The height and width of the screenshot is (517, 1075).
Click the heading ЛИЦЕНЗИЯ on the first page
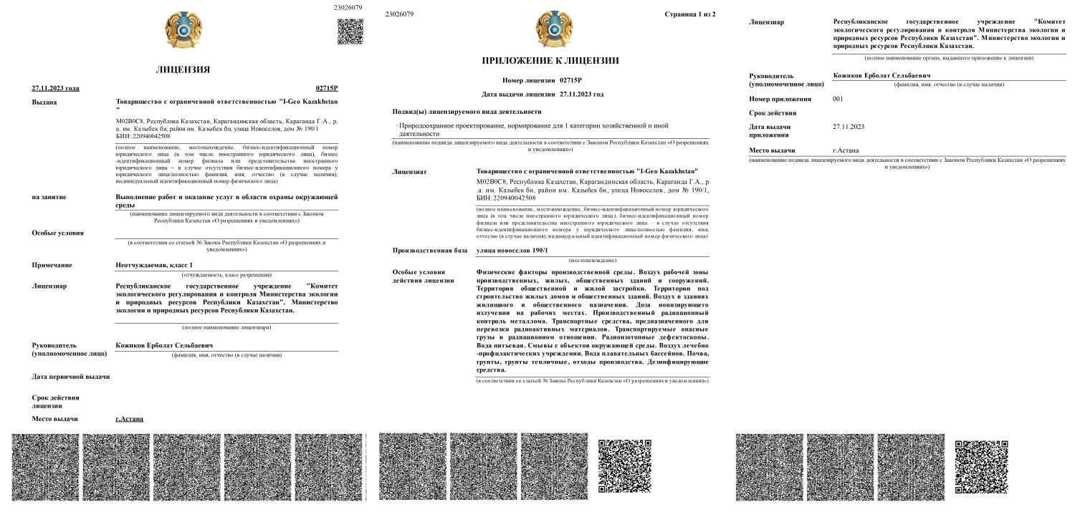pyautogui.click(x=183, y=69)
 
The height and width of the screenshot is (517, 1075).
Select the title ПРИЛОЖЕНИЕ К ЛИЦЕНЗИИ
pyautogui.click(x=550, y=60)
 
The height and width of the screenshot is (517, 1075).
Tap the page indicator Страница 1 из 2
pyautogui.click(x=689, y=14)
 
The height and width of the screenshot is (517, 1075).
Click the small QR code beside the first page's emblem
pyautogui.click(x=350, y=32)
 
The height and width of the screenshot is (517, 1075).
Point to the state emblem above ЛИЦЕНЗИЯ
pyautogui.click(x=183, y=31)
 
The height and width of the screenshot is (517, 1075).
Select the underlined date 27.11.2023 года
pyautogui.click(x=55, y=88)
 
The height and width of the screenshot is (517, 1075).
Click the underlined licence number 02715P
pyautogui.click(x=326, y=88)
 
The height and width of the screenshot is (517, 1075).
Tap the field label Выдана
pyautogui.click(x=44, y=102)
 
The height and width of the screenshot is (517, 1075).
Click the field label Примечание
pyautogui.click(x=52, y=265)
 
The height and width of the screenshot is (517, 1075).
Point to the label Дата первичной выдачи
pyautogui.click(x=70, y=377)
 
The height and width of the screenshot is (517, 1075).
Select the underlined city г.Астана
pyautogui.click(x=129, y=418)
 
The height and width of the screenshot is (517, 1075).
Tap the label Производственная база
pyautogui.click(x=429, y=250)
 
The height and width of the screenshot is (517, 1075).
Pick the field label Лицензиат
pyautogui.click(x=409, y=172)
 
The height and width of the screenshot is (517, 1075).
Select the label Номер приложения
pyautogui.click(x=780, y=99)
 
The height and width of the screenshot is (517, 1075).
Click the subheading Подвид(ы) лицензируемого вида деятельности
pyautogui.click(x=467, y=112)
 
